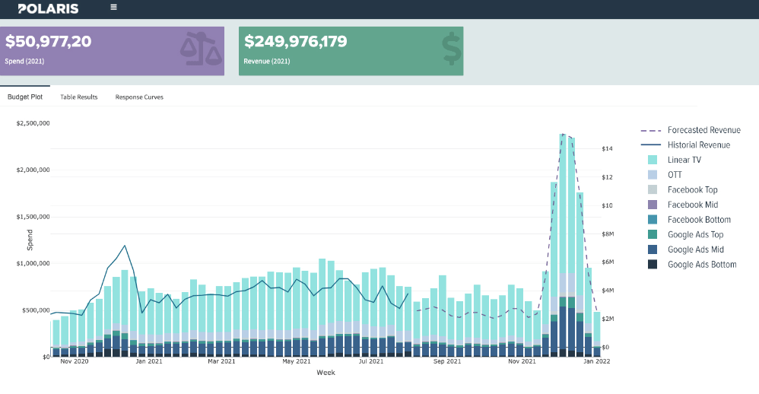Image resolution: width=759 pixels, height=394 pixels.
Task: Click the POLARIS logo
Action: click(47, 8)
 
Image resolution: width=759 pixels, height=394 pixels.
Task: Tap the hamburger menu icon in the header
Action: click(113, 8)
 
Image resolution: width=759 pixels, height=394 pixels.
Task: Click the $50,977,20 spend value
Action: click(49, 42)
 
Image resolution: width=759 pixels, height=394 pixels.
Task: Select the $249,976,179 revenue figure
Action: click(296, 42)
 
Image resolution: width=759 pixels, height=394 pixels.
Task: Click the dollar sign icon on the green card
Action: click(452, 48)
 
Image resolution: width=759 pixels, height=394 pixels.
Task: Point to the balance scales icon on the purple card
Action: click(201, 48)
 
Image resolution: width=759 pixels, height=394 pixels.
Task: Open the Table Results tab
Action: click(79, 97)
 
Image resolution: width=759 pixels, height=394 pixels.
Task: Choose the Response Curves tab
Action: click(139, 97)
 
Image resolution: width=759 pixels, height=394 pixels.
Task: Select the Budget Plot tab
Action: click(25, 97)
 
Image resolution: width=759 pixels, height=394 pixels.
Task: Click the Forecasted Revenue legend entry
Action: click(703, 130)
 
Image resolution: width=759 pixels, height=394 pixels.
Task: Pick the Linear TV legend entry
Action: click(684, 160)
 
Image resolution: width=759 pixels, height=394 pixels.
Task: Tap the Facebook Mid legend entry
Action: click(692, 205)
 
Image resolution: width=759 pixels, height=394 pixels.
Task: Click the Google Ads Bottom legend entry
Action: click(701, 265)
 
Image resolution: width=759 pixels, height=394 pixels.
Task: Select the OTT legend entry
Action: click(675, 175)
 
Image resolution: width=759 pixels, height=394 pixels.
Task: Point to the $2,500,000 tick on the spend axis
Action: click(33, 122)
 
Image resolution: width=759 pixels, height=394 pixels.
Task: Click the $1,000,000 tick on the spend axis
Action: click(33, 263)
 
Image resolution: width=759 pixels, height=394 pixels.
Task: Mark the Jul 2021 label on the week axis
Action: click(371, 362)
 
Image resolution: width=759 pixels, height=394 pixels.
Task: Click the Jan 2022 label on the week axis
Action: click(595, 362)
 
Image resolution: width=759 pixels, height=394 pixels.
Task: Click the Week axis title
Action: click(326, 373)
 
